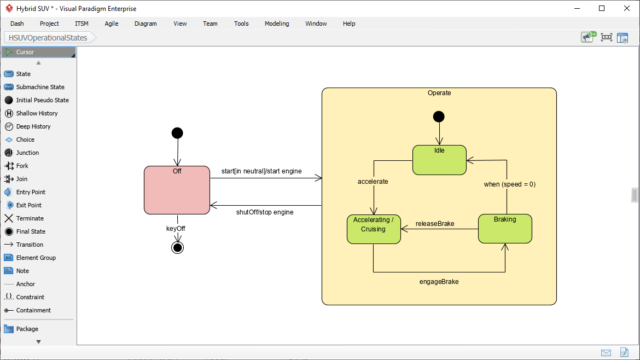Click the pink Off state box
pos(177,191)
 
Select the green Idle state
pos(439,161)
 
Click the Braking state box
pos(505,229)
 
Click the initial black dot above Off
pos(177,133)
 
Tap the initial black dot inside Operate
pos(439,117)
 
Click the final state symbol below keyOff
pos(177,248)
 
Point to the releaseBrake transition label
pos(435,224)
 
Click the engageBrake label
pos(439,282)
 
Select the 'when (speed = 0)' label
pos(509,184)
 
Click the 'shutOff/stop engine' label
pos(265,212)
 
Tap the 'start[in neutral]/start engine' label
pos(261,171)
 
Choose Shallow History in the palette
pos(37,113)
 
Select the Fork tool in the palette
pos(22,166)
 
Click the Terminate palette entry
pos(30,218)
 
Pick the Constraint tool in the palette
pos(30,297)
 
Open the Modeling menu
pos(277,24)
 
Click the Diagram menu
pos(146,24)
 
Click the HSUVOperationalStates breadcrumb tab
pos(48,38)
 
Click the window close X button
pos(627,8)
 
